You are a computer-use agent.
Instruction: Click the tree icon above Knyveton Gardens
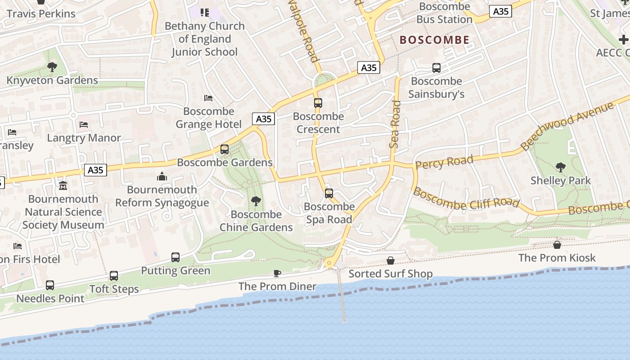(x=52, y=67)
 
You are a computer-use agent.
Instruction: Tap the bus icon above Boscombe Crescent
(x=318, y=103)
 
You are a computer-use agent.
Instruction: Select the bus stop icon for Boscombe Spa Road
(x=329, y=193)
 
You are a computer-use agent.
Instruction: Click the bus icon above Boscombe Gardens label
(x=225, y=149)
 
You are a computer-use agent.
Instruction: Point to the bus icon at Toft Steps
(x=114, y=276)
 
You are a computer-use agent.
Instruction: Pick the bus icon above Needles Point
(x=50, y=285)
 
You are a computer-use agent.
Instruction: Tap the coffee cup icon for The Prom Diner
(x=277, y=273)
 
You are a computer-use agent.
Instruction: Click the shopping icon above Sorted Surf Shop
(x=391, y=261)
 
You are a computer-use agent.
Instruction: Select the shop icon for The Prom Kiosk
(x=557, y=245)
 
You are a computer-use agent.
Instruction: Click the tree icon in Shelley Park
(x=560, y=167)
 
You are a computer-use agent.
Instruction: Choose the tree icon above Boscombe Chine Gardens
(x=256, y=201)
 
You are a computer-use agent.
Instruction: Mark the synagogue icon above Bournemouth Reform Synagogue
(x=162, y=176)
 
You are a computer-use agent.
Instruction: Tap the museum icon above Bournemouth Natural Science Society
(x=63, y=185)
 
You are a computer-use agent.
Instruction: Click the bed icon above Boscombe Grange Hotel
(x=208, y=98)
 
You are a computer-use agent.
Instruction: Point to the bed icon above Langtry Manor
(x=84, y=124)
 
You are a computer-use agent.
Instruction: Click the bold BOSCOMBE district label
(x=435, y=40)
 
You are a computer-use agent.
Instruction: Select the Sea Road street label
(x=395, y=124)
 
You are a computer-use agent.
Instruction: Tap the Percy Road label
(x=444, y=162)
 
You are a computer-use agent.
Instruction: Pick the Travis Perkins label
(x=41, y=13)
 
